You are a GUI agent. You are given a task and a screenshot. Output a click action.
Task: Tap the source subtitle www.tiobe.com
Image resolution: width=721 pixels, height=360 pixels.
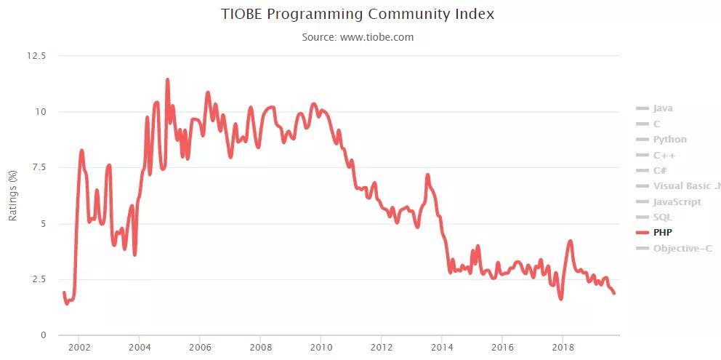coord(358,37)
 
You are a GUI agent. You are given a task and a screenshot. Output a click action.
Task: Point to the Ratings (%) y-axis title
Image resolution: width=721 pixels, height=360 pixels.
coord(12,196)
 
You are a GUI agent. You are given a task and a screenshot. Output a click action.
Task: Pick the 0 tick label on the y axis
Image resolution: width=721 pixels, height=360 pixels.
coord(43,335)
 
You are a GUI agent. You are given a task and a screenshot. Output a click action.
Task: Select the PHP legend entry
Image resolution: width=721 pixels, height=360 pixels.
coord(662,233)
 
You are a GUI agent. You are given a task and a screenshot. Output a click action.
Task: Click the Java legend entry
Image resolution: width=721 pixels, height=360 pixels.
coord(662,108)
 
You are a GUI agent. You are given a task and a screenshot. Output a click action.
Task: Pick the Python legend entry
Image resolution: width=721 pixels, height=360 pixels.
coord(669,140)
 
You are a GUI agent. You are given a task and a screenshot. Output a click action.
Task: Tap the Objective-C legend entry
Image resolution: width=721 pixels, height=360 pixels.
coord(682,249)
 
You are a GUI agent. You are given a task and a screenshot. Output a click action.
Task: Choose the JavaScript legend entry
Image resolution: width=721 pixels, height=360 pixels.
coord(677,201)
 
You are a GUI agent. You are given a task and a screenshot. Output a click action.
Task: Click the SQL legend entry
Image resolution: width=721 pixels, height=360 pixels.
coord(662,217)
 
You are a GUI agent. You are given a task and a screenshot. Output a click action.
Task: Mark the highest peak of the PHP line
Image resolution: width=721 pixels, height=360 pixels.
coord(167,80)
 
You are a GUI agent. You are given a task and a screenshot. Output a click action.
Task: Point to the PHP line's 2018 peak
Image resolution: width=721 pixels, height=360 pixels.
coord(571,241)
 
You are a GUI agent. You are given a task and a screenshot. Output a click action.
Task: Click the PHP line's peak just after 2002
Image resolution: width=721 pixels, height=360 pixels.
coord(81,151)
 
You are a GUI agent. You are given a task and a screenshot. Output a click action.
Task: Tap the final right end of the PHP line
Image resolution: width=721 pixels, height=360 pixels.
coord(615,293)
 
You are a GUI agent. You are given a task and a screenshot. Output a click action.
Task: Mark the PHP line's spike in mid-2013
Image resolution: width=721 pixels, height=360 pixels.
coord(427,175)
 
